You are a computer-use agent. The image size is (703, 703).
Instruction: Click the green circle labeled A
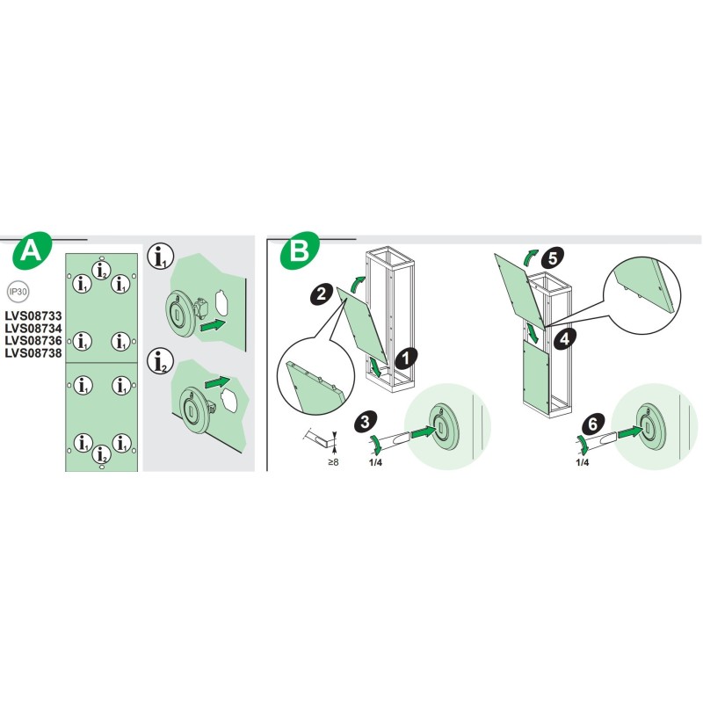31,252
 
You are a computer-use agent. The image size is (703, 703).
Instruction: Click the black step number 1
404,357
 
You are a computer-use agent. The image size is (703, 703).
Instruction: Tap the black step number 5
551,258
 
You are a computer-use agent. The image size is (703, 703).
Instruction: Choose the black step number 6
593,424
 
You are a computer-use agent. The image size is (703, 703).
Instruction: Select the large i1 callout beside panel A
158,257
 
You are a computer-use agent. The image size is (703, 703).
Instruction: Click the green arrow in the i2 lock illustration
218,384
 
